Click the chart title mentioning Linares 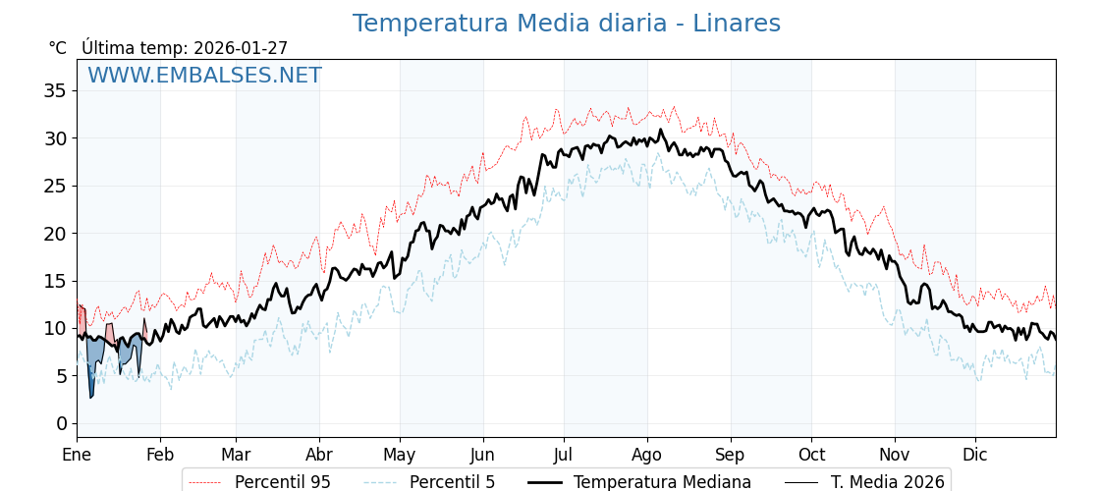coord(566,24)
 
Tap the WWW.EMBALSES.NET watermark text coord(204,76)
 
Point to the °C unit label coord(57,48)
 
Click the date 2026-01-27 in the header coord(241,48)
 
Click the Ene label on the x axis coord(77,455)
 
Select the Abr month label coord(319,455)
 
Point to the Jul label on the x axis coord(564,455)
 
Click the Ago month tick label coord(647,455)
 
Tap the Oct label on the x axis coord(811,455)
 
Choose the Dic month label coord(975,455)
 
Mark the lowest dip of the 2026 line coord(90,397)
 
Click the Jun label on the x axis coord(482,455)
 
